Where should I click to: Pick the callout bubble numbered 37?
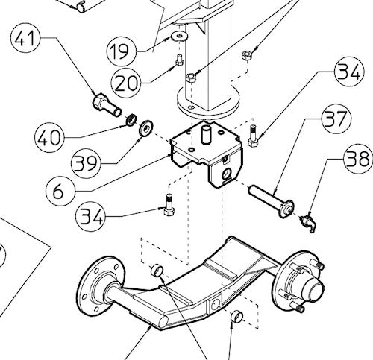click(x=337, y=119)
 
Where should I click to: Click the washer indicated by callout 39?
click(x=145, y=124)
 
